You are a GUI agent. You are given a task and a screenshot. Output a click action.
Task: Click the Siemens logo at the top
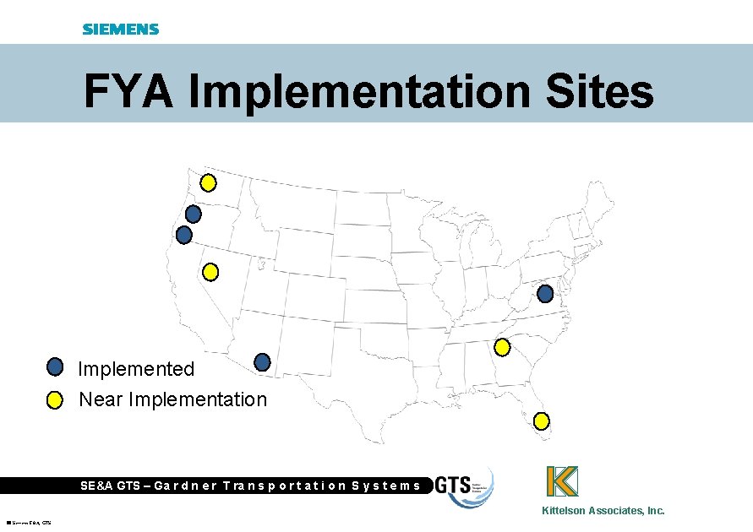(121, 29)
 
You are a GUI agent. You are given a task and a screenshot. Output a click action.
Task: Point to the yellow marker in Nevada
(210, 272)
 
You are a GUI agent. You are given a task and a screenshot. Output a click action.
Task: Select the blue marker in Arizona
(262, 362)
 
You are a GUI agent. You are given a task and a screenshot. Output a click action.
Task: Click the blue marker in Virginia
(545, 294)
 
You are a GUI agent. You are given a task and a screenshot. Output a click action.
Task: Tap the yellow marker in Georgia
(502, 346)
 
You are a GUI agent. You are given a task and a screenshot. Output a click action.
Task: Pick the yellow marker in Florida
(542, 421)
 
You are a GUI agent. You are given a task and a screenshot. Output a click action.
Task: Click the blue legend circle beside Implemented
(55, 366)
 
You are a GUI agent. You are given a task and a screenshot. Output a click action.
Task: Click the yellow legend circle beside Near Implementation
(55, 399)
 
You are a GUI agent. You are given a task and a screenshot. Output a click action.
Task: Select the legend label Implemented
(136, 369)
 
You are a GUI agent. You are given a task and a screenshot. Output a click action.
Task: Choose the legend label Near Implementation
(172, 399)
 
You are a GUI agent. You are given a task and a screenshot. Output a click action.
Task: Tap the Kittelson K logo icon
(562, 481)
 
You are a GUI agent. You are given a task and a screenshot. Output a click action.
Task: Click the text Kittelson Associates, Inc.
(603, 510)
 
